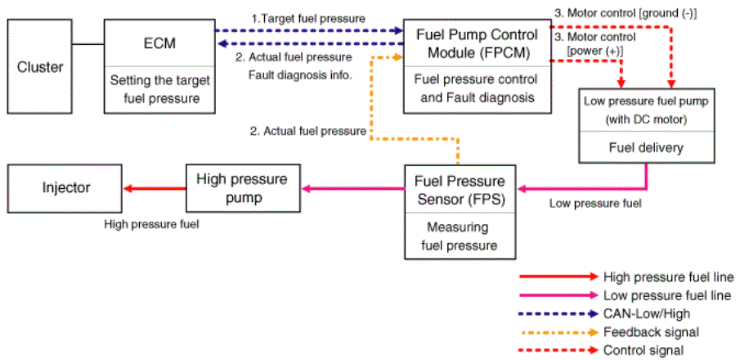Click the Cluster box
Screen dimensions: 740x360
39,66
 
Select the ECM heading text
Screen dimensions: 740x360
159,44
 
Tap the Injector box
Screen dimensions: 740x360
65,188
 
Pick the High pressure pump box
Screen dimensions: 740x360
242,188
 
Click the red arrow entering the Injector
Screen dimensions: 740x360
155,188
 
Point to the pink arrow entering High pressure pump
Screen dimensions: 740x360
352,188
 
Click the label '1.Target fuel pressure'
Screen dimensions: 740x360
308,19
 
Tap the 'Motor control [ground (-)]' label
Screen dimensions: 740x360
626,14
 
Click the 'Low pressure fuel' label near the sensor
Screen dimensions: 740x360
595,204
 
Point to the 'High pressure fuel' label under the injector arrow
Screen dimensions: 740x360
151,224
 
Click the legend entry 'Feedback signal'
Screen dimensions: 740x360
651,332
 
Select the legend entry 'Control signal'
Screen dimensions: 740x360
644,350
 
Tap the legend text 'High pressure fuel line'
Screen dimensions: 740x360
669,277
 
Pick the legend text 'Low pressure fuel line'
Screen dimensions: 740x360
667,295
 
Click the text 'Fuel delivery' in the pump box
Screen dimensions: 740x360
647,147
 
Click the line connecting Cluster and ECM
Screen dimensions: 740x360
88,44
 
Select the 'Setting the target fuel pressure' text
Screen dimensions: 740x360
159,89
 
